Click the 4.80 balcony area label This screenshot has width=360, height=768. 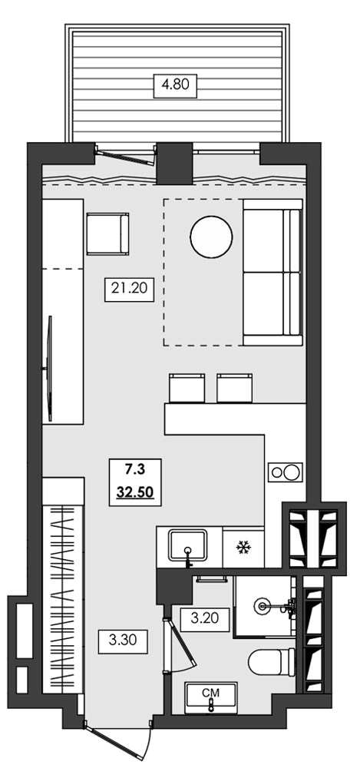(175, 85)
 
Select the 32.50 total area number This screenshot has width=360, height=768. (135, 492)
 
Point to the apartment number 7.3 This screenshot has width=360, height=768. (135, 470)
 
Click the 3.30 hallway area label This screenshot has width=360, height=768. (123, 640)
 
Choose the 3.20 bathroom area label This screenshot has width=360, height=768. (205, 620)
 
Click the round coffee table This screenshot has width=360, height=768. (211, 237)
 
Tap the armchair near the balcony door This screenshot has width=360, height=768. (107, 233)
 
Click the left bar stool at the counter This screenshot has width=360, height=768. (187, 388)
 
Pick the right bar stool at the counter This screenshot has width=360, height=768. (235, 388)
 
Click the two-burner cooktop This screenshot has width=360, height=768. (285, 472)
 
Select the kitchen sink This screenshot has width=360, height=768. (189, 545)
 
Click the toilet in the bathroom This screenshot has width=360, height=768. (272, 662)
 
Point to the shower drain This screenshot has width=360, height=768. (262, 607)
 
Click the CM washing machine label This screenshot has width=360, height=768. (210, 693)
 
